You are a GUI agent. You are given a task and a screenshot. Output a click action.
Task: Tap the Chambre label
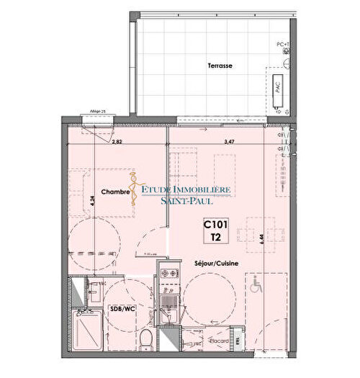[x=115, y=192]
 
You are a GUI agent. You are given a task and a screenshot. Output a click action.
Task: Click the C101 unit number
[x=215, y=224]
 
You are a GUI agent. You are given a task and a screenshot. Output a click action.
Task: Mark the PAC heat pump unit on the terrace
[x=278, y=89]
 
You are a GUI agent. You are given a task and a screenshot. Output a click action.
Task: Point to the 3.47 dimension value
[x=230, y=143]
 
